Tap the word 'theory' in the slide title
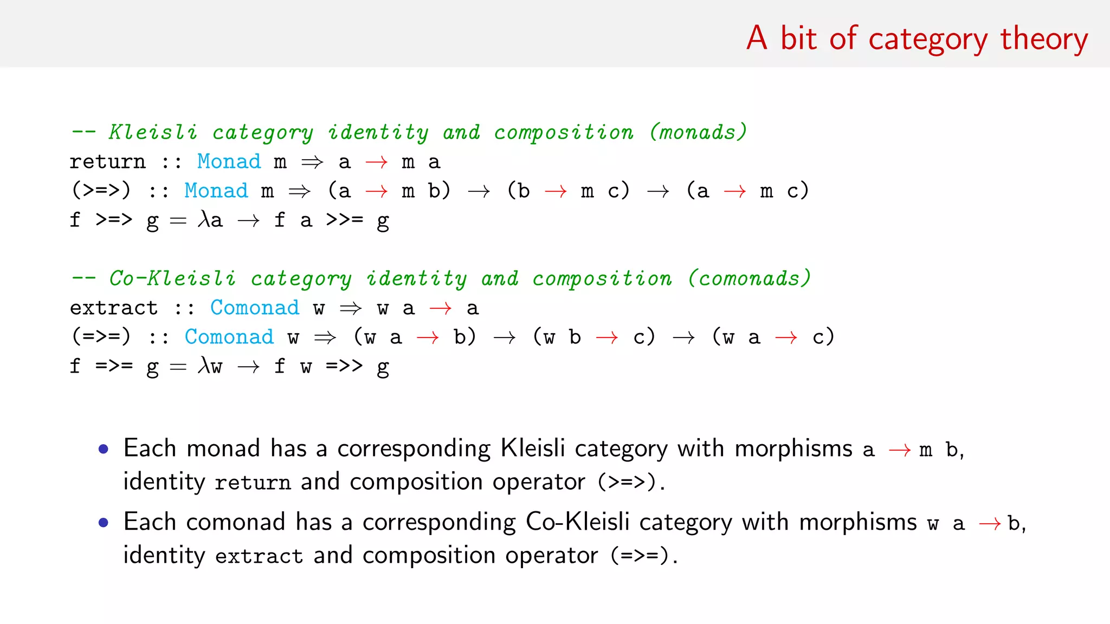coord(1044,39)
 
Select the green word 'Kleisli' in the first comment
coord(153,132)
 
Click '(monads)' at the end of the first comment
coord(698,132)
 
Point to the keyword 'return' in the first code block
coord(107,162)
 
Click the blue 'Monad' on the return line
coord(229,162)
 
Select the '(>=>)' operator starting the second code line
coord(101,191)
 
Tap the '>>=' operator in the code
coord(344,220)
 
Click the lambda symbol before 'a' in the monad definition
coord(204,219)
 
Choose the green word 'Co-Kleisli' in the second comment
coord(172,278)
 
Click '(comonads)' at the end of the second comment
coord(749,278)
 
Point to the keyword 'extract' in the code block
coord(114,308)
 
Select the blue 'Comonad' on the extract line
coord(254,308)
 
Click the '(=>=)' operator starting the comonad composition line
coord(101,337)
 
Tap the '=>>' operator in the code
coord(344,366)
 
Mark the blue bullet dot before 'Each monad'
coord(104,449)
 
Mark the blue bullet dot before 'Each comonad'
coord(104,523)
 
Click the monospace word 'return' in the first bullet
coord(253,483)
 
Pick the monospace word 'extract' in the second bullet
coord(259,556)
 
